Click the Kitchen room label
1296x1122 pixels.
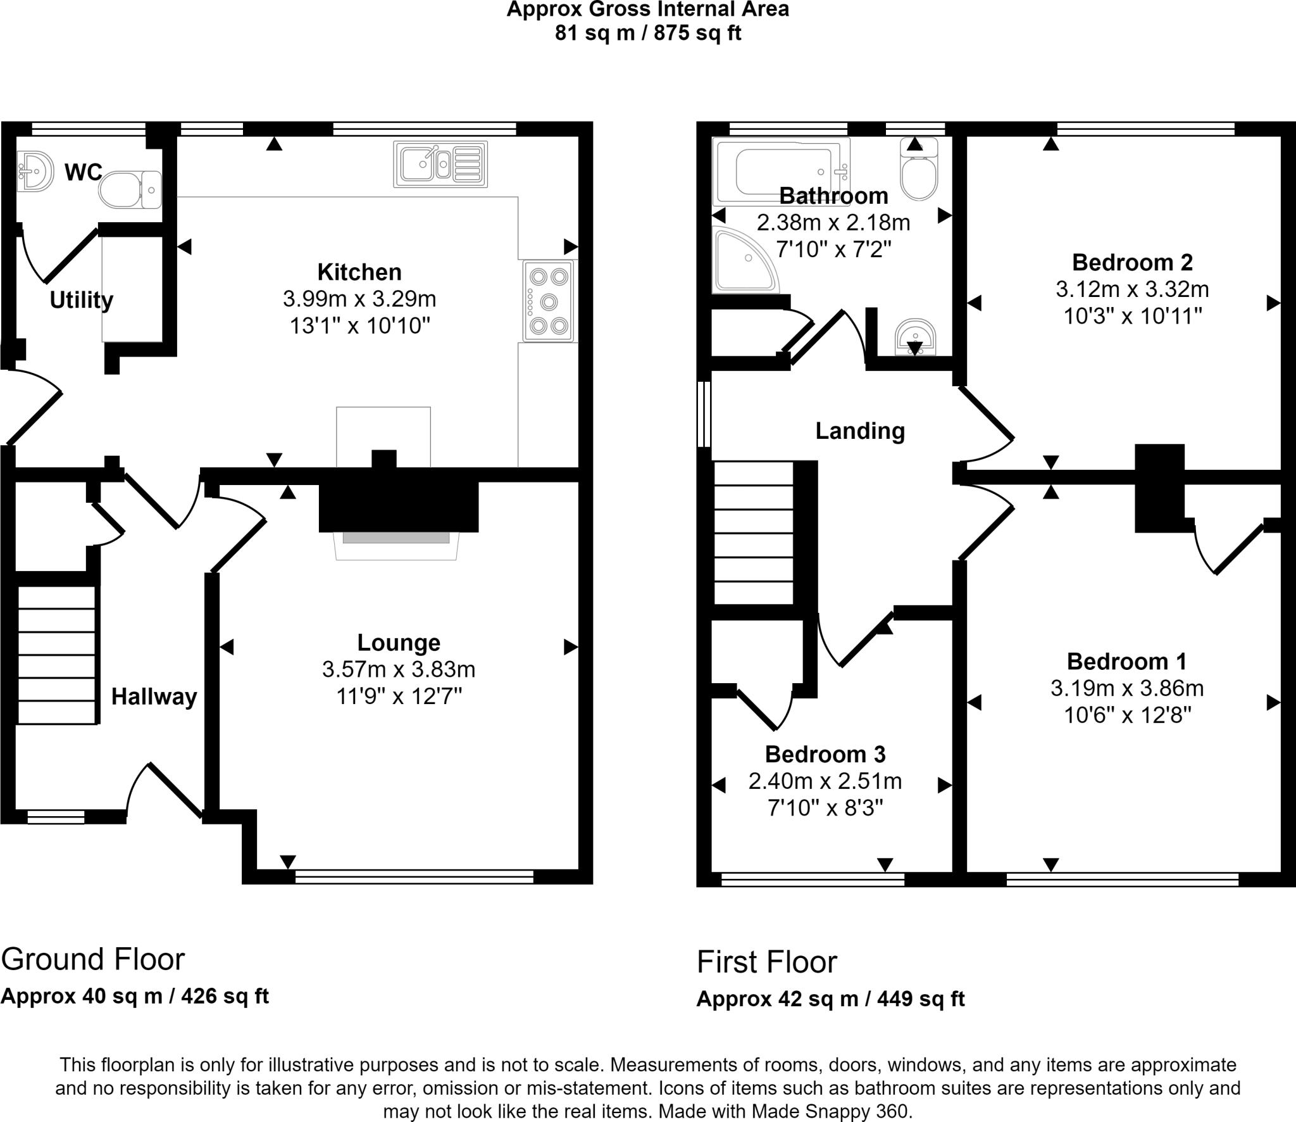359,272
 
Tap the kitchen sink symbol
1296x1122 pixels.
440,165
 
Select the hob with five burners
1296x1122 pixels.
548,301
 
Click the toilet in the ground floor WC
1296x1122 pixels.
130,189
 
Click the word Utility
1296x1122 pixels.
81,300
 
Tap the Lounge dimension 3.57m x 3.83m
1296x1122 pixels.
398,669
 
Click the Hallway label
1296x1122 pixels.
154,697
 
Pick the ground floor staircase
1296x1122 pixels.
57,655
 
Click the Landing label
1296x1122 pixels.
859,431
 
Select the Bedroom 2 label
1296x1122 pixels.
1132,262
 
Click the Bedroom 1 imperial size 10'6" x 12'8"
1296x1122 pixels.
1127,715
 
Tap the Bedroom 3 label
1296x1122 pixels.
825,754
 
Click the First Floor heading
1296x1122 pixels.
766,962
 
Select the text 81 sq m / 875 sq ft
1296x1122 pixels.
647,33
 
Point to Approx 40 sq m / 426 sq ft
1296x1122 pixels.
135,996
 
